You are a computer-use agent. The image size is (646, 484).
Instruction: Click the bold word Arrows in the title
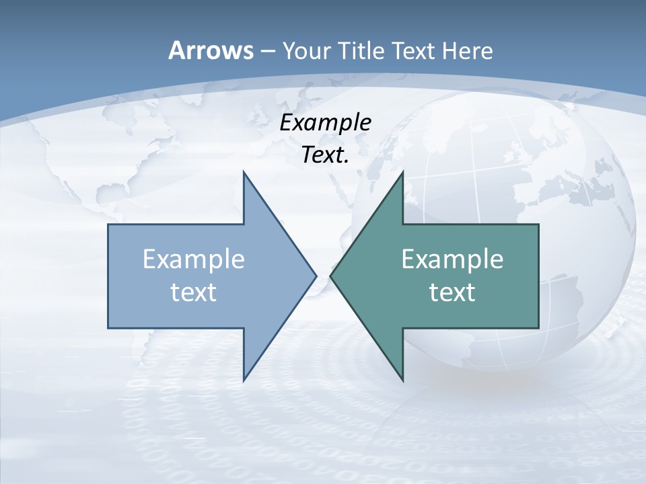tap(211, 51)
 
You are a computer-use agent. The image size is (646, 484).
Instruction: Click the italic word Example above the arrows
tap(325, 123)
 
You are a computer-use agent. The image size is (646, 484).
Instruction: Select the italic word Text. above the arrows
tap(325, 155)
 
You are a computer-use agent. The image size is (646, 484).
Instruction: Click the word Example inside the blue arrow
tap(194, 259)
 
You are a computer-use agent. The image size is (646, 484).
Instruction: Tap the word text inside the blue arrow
tap(194, 292)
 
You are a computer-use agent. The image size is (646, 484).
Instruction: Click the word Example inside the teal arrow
tap(452, 259)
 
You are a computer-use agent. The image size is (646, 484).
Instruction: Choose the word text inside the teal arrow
tap(452, 292)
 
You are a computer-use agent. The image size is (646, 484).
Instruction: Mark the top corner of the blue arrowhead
tap(244, 173)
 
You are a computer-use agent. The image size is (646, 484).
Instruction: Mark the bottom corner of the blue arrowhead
tap(244, 380)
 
